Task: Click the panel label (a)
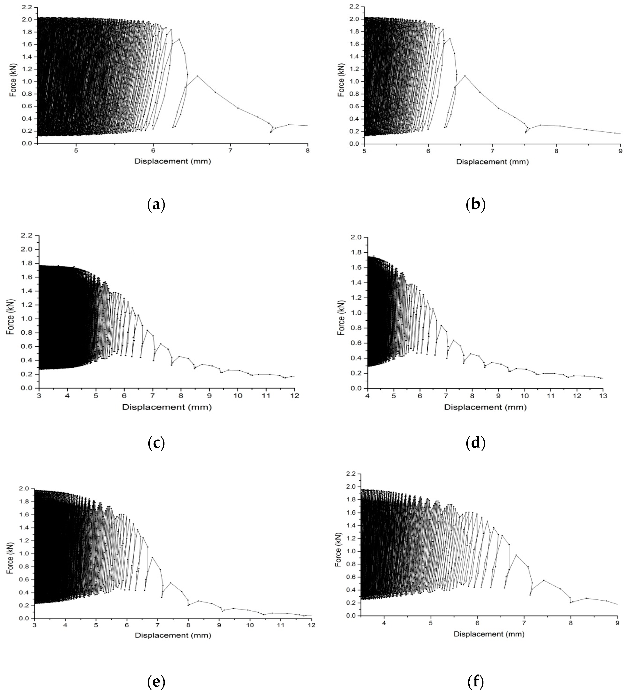click(156, 205)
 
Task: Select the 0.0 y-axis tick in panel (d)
click(358, 388)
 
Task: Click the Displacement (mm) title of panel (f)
click(489, 634)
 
